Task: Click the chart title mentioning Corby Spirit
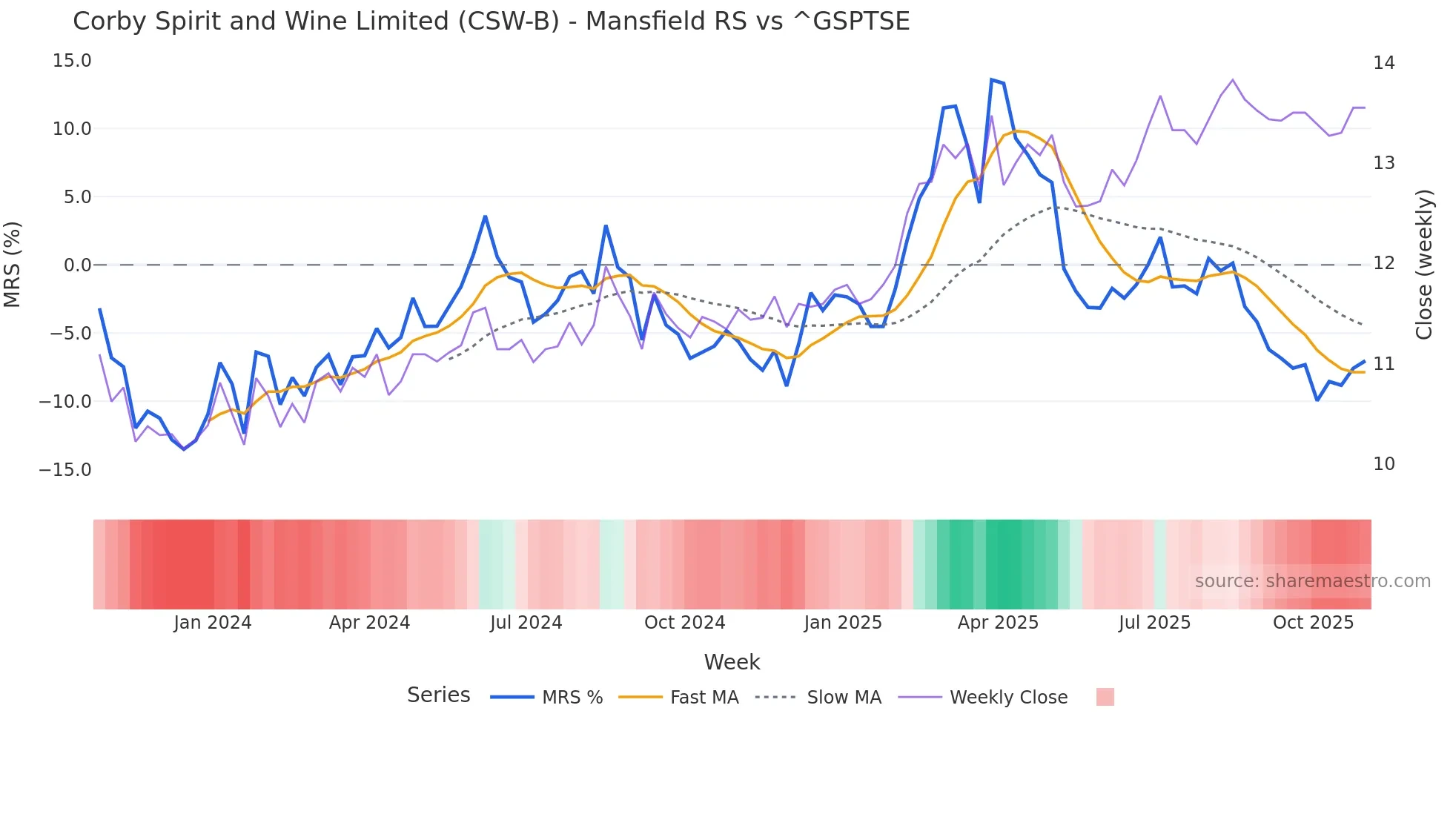pyautogui.click(x=491, y=21)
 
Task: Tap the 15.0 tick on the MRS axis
pyautogui.click(x=72, y=61)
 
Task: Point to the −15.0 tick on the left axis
pyautogui.click(x=65, y=470)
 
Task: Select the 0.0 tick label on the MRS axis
pyautogui.click(x=77, y=265)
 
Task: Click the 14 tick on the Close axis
pyautogui.click(x=1383, y=63)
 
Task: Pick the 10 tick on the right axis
pyautogui.click(x=1383, y=464)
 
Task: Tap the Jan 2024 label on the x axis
pyautogui.click(x=213, y=623)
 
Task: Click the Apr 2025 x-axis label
pyautogui.click(x=998, y=623)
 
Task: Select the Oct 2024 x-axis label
pyautogui.click(x=684, y=623)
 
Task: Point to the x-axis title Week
pyautogui.click(x=732, y=662)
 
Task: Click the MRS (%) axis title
pyautogui.click(x=13, y=265)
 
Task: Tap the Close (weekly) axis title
pyautogui.click(x=1423, y=265)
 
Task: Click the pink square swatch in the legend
pyautogui.click(x=1105, y=697)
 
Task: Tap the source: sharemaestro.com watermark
pyautogui.click(x=1312, y=581)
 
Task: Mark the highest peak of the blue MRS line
pyautogui.click(x=991, y=80)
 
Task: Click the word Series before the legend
pyautogui.click(x=438, y=695)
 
